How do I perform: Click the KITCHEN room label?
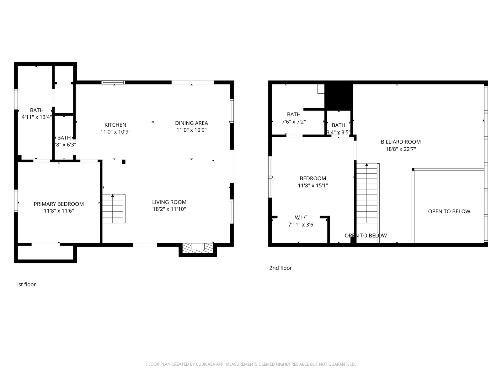tap(115, 125)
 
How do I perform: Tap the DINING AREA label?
tap(191, 123)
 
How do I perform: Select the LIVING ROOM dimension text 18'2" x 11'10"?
tap(169, 209)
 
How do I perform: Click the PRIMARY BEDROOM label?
tap(59, 204)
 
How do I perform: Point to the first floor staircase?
tap(114, 209)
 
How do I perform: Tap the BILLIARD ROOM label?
tap(401, 142)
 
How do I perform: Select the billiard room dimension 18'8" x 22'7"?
tap(401, 149)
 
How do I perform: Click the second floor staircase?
tap(366, 193)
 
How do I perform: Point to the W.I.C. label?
tap(302, 217)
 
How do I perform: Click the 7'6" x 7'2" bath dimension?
tap(293, 122)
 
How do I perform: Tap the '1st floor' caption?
tap(26, 284)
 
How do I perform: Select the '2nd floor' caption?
tap(280, 268)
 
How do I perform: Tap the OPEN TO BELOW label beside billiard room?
tap(449, 211)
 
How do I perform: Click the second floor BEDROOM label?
tap(313, 178)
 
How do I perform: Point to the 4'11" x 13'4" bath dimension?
tap(37, 117)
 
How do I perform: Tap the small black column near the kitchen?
tap(124, 162)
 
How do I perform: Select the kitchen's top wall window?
tap(113, 82)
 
